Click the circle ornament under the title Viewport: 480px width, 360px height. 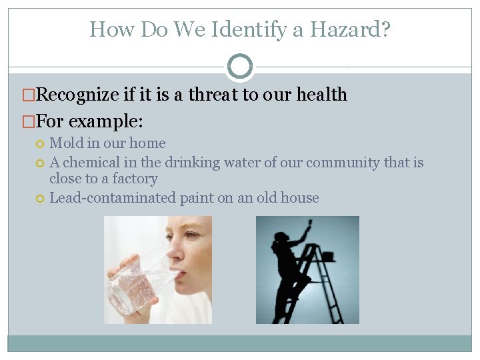(x=240, y=67)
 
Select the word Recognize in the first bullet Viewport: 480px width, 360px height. (x=77, y=95)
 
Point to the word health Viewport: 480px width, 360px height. (x=323, y=95)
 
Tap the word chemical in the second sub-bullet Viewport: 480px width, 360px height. (x=88, y=162)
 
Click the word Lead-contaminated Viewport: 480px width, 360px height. (x=113, y=197)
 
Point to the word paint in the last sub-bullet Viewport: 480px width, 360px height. (x=195, y=197)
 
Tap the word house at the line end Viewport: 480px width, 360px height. (x=302, y=197)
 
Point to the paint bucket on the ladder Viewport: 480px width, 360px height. (x=327, y=255)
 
